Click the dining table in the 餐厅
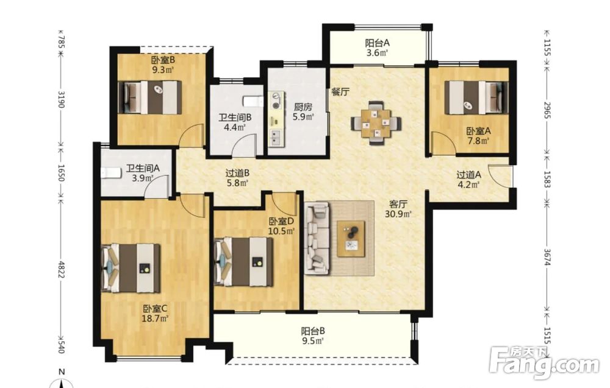point(376,122)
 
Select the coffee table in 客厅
point(351,239)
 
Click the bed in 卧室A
point(476,97)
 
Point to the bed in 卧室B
point(150,97)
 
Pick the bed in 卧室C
point(131,268)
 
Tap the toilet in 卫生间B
point(253,102)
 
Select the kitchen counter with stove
point(276,119)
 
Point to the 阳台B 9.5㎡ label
point(313,336)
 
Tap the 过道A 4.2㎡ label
point(468,180)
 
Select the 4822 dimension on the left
point(60,268)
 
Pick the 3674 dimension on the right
point(547,256)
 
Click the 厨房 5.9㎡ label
point(303,111)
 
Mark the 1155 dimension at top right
point(547,47)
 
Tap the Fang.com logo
point(544,363)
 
